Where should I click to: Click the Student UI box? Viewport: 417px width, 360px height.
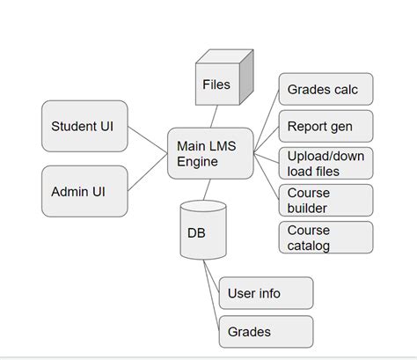pos(84,125)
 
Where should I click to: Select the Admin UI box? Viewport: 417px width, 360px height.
pos(84,191)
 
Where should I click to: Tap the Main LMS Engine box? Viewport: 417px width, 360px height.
pos(209,153)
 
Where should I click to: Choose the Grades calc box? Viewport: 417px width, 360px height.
pos(325,89)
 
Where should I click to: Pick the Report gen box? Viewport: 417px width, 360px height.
pos(325,126)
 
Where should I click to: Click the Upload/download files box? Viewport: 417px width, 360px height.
pos(325,163)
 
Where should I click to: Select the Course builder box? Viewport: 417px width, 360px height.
pos(325,200)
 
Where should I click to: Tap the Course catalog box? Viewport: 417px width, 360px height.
pos(325,237)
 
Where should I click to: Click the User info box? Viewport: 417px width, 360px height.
pos(265,293)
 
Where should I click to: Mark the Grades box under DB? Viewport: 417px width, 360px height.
pos(265,332)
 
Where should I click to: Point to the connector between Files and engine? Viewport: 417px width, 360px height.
pos(214,116)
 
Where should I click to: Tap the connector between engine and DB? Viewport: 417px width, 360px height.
pos(208,189)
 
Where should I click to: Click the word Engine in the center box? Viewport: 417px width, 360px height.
pos(197,162)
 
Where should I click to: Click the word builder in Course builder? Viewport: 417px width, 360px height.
pos(308,208)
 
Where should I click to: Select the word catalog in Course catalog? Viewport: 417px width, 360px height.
pos(309,245)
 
